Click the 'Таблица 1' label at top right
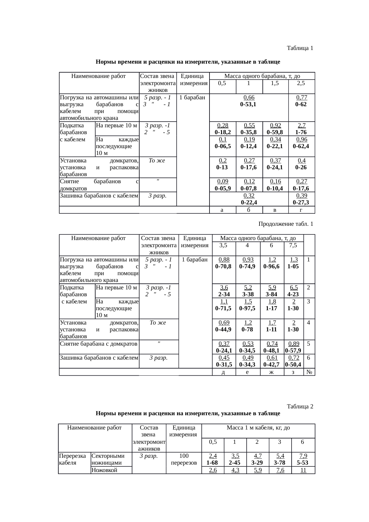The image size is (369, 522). (300, 48)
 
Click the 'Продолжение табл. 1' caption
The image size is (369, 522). (285, 224)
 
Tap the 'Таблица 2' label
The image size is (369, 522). (300, 406)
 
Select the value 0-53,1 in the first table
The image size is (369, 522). (248, 104)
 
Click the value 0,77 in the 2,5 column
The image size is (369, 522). (301, 97)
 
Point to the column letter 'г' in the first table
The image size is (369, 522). (301, 210)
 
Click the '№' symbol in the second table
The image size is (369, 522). (309, 372)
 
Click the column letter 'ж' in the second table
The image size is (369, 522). (271, 372)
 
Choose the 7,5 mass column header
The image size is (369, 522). (293, 245)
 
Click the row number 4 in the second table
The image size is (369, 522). (309, 322)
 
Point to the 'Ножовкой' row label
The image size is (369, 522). (104, 470)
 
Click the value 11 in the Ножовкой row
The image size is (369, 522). (303, 470)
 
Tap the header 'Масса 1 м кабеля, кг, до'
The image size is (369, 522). (258, 428)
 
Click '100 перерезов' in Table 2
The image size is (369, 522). (184, 459)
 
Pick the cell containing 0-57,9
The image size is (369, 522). (293, 351)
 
